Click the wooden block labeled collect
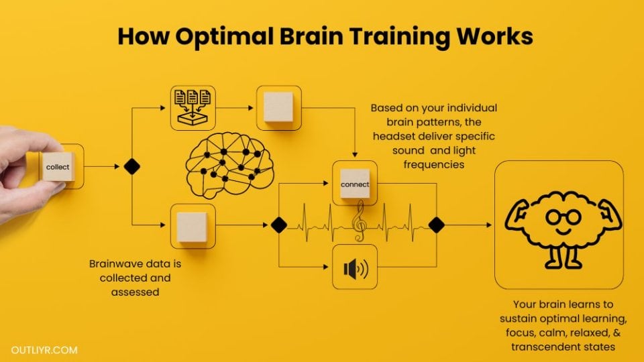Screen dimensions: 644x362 (x=58, y=167)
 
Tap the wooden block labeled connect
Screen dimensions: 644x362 (x=355, y=184)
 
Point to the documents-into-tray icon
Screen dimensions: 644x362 (x=193, y=108)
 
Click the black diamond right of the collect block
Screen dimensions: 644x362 (x=132, y=167)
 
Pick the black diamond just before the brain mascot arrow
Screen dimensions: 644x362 (x=436, y=225)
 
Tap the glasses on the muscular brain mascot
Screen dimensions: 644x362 (x=563, y=217)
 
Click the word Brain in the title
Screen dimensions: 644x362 (x=312, y=36)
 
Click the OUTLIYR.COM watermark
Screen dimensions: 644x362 (x=44, y=350)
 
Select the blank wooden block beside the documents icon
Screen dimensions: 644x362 (x=278, y=107)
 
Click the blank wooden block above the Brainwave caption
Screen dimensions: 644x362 (x=193, y=227)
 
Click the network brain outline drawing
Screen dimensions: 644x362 (x=229, y=165)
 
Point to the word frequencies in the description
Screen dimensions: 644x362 (x=434, y=164)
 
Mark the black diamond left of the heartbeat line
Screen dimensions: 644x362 (x=279, y=225)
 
